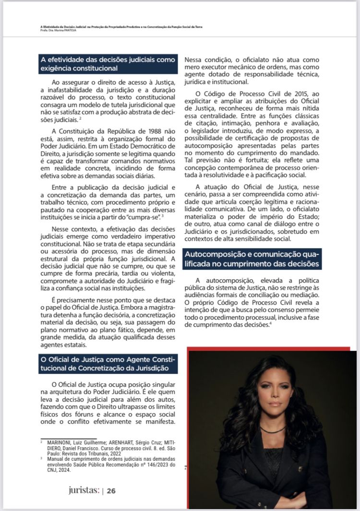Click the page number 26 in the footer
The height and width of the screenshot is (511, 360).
(111, 491)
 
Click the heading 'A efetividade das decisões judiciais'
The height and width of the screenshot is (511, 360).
(108, 64)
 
